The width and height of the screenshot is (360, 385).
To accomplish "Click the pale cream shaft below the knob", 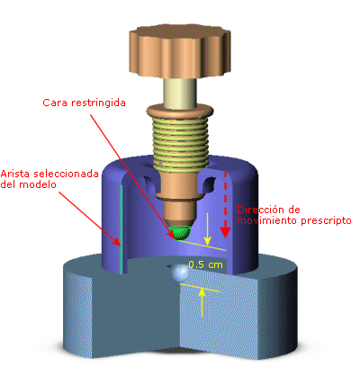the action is (180, 92).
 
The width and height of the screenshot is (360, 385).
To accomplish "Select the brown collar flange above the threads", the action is (180, 111).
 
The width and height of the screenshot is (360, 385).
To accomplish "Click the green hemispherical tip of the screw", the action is (181, 233).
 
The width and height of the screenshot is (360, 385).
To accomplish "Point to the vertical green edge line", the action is (121, 229).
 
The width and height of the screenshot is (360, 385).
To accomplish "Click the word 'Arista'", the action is (15, 174).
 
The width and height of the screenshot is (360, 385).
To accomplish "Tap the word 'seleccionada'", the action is (66, 174).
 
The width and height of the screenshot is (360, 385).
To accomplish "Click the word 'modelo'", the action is (38, 184).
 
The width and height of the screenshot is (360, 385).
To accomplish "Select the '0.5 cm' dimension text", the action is (206, 264).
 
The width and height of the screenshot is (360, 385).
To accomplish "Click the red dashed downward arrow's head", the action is (225, 232).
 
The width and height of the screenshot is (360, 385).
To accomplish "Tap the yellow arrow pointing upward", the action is (202, 302).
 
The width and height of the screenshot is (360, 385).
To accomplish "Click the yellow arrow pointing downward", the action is (207, 228).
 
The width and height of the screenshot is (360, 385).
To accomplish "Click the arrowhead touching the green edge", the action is (118, 242).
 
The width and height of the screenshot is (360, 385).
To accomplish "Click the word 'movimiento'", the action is (267, 221).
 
